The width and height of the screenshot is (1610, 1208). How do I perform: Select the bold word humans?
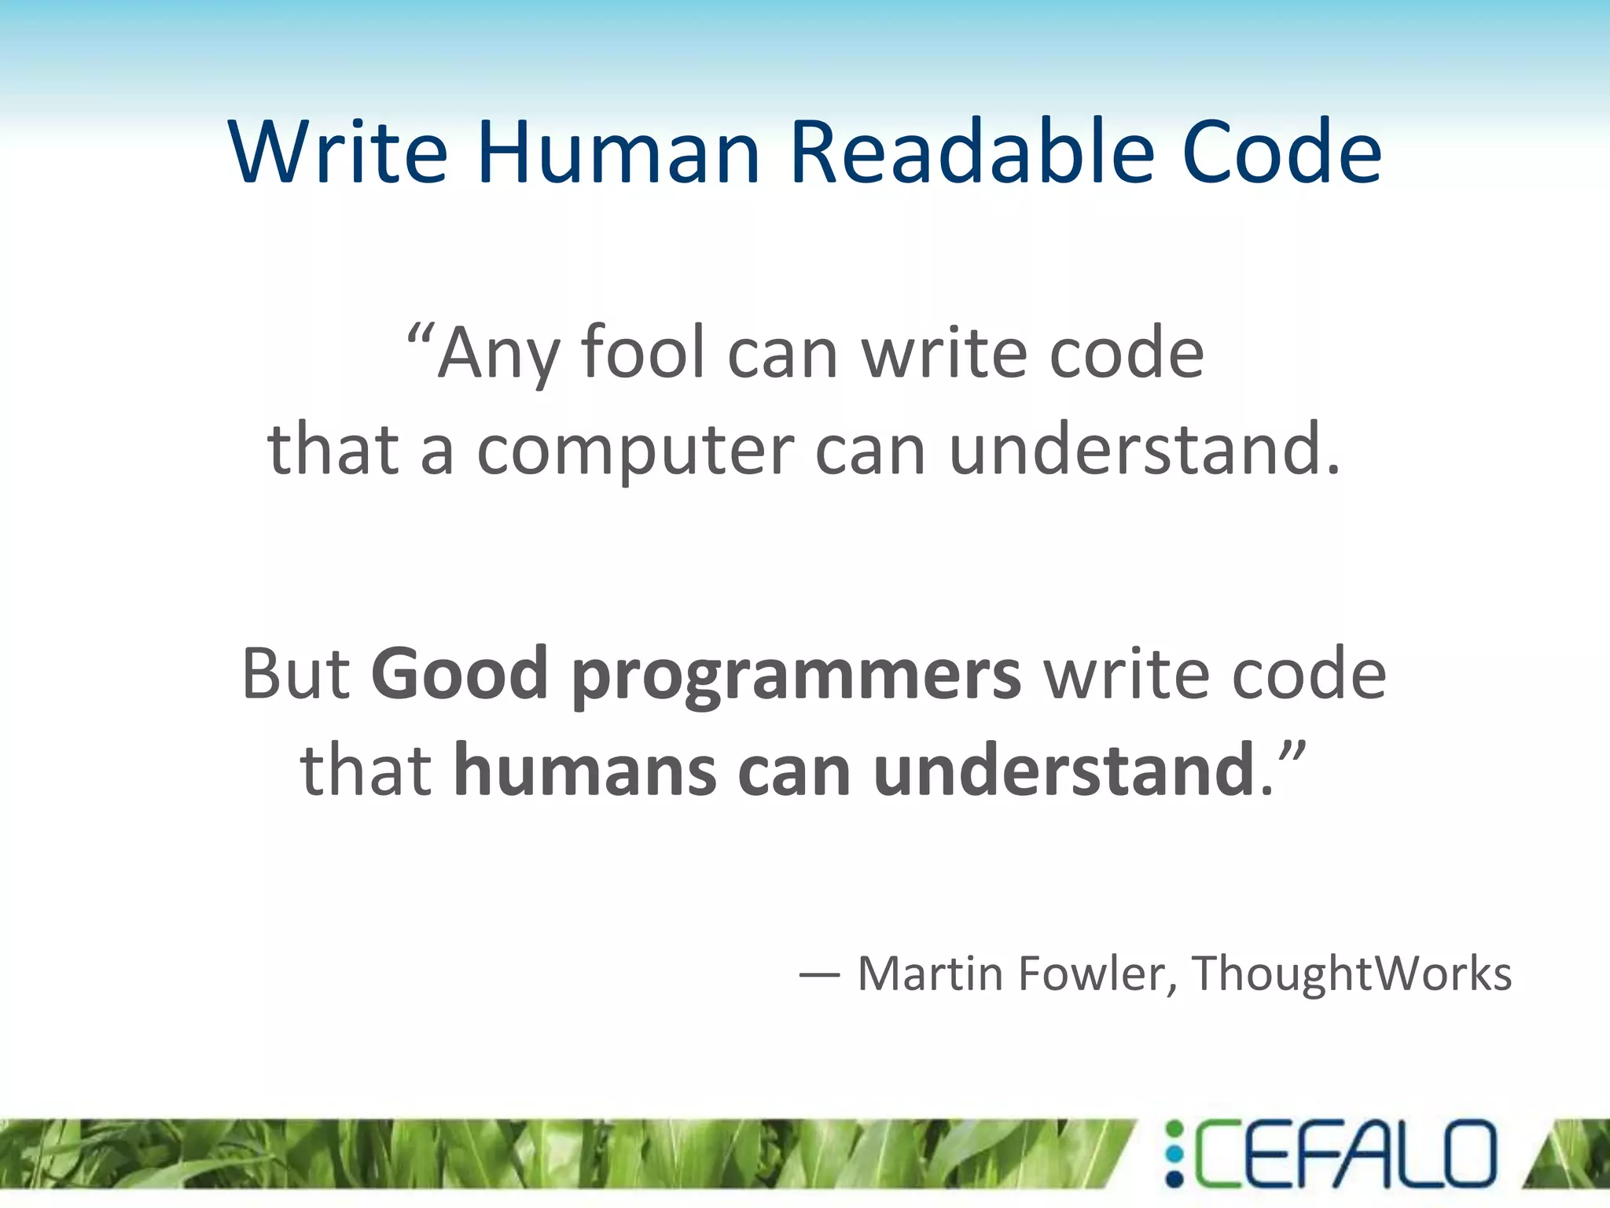click(585, 771)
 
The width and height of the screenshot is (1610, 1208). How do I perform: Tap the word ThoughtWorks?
click(1351, 974)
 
